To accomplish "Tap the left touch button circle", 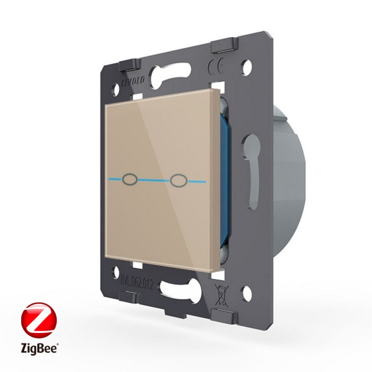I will [x=130, y=180].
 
